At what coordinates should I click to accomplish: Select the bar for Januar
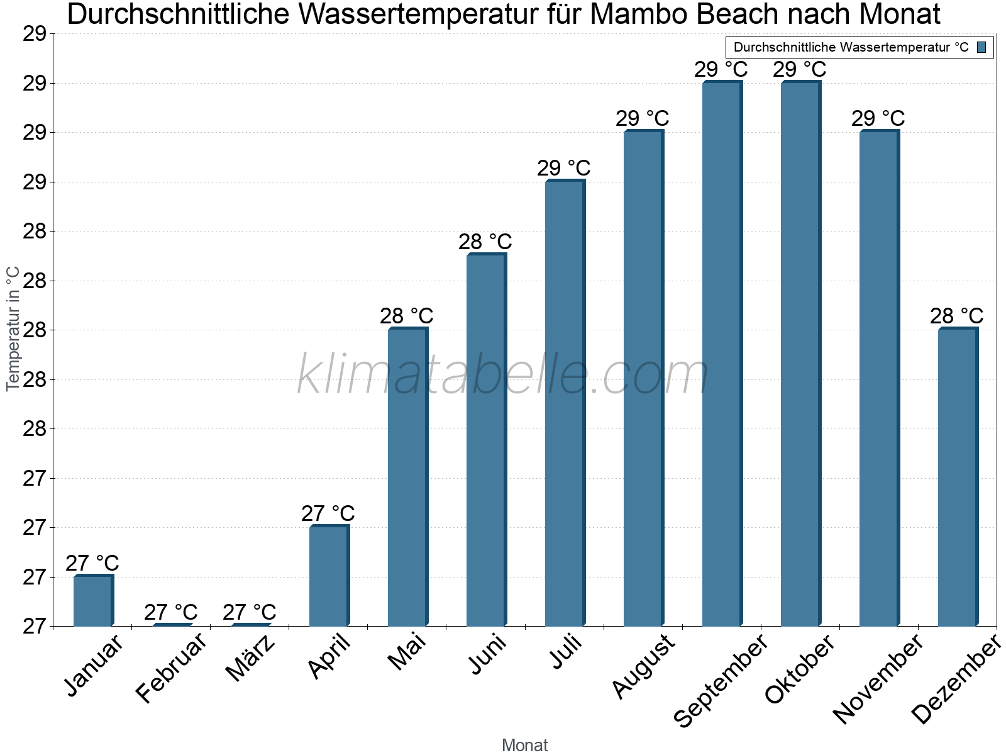(x=93, y=601)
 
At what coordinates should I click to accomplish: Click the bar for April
(x=329, y=576)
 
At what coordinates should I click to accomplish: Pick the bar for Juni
(x=486, y=440)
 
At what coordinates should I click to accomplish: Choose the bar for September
(x=722, y=354)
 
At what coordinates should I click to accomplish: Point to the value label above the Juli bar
(x=564, y=169)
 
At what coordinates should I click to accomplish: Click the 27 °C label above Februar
(x=171, y=612)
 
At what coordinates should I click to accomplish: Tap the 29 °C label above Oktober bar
(x=800, y=70)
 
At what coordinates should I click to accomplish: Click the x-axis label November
(x=878, y=679)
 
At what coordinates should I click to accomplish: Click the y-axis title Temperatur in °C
(x=13, y=328)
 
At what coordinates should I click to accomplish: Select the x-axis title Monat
(x=525, y=746)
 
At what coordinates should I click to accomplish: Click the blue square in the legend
(x=981, y=47)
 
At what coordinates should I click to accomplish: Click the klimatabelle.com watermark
(x=503, y=375)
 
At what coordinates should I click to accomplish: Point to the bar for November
(x=879, y=377)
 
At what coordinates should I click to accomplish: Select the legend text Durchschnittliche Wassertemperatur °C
(x=851, y=47)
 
